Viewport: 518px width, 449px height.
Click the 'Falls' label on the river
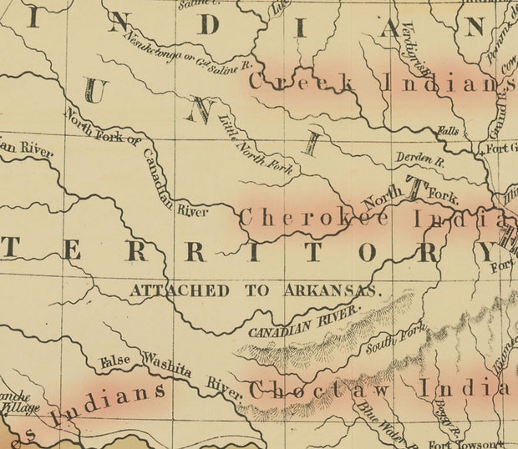pos(449,132)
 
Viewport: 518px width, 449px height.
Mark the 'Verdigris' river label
pos(413,46)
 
